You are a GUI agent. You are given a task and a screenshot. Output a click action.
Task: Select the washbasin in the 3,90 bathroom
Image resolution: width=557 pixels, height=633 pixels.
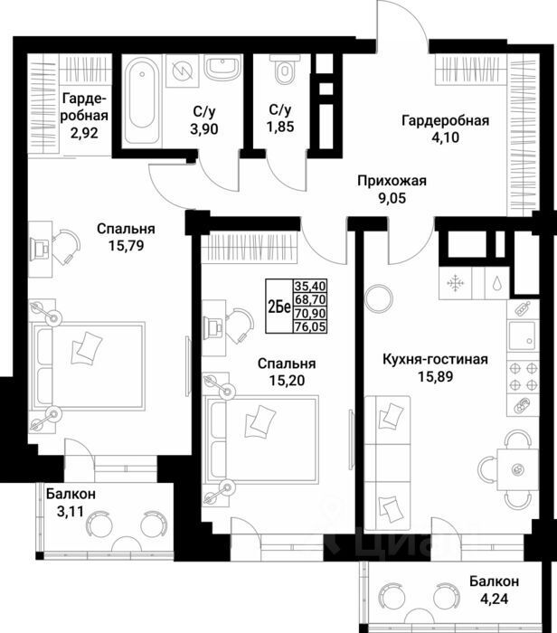[x=220, y=68]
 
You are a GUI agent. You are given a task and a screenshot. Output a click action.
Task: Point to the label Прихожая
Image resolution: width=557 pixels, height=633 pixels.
[x=390, y=180]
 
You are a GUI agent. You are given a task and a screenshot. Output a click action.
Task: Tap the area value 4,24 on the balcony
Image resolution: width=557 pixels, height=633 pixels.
[x=493, y=596]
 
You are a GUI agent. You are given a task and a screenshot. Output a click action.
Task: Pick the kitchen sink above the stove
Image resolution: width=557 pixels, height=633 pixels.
[x=522, y=335]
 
